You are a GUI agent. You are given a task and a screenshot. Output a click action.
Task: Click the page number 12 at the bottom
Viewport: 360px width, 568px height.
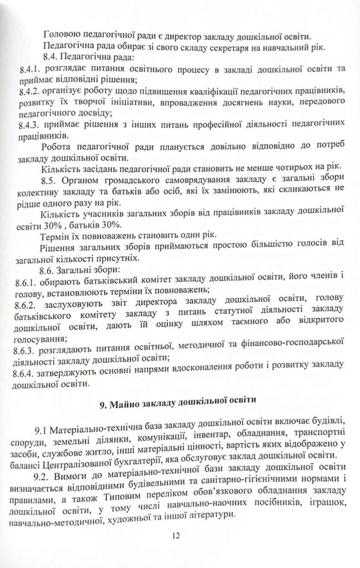click(176, 536)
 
